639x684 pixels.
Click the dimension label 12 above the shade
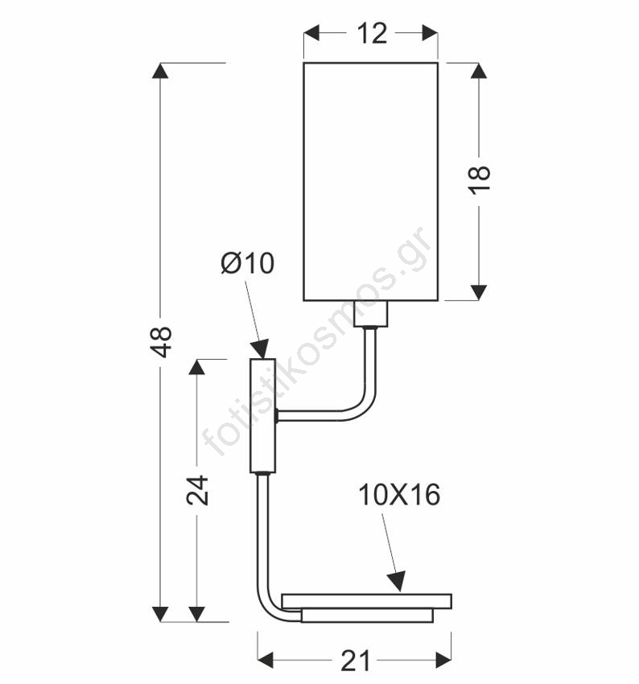(x=372, y=33)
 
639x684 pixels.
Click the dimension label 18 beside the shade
(x=480, y=179)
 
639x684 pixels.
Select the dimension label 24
(x=197, y=490)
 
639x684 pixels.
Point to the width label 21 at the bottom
(x=355, y=661)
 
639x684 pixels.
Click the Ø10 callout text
(x=247, y=263)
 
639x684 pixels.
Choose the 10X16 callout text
(x=399, y=495)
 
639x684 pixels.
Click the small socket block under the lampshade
(x=371, y=313)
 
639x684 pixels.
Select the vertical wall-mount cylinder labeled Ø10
(x=262, y=416)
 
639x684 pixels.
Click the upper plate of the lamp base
(x=366, y=601)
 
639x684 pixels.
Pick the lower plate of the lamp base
(x=367, y=616)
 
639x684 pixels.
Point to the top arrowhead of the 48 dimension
(x=160, y=71)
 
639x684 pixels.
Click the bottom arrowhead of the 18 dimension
(x=479, y=292)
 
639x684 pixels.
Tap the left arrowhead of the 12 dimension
(x=311, y=33)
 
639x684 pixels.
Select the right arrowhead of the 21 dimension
(x=443, y=660)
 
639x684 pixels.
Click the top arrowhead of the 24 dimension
(x=196, y=367)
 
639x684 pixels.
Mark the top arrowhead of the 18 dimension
(x=479, y=71)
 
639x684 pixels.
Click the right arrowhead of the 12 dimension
(x=430, y=33)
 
